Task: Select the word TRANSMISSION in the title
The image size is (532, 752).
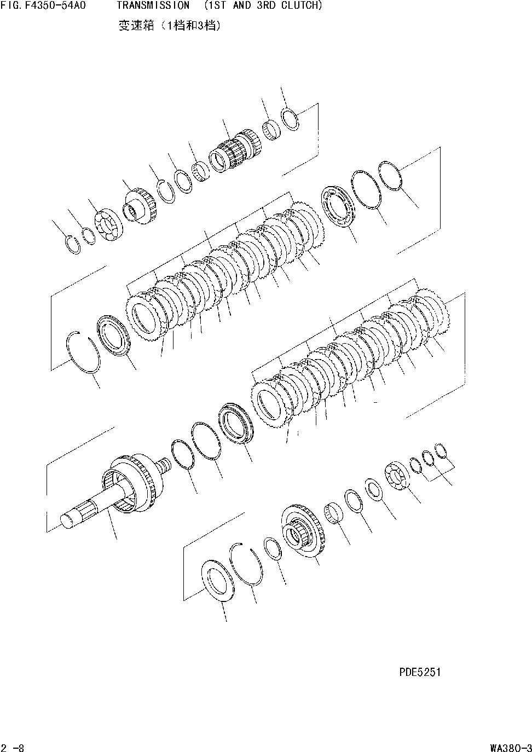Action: [x=153, y=6]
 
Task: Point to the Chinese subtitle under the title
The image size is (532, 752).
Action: [x=170, y=25]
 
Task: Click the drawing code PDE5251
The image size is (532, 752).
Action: [x=420, y=672]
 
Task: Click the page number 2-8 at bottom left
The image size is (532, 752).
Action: [x=11, y=747]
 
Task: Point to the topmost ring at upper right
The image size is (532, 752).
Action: [x=290, y=119]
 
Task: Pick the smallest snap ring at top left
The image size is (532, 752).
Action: [x=71, y=244]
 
